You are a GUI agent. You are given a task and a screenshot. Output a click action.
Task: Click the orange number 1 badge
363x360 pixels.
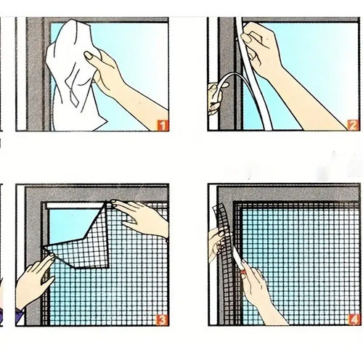[x=163, y=126]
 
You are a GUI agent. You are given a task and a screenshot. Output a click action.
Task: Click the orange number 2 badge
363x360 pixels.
[x=353, y=126]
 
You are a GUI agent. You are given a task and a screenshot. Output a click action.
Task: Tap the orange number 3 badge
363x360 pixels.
[x=162, y=320]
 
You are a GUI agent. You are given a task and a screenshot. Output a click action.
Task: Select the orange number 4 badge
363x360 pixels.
[x=354, y=320]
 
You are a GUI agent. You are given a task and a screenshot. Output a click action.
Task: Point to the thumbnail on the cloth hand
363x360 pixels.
[x=88, y=56]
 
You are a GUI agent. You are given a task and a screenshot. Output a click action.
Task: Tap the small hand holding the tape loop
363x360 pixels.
[x=215, y=97]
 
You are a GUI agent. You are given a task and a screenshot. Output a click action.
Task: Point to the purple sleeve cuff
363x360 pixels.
[x=20, y=316]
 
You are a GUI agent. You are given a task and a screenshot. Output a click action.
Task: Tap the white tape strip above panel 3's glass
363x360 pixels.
[x=75, y=206]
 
